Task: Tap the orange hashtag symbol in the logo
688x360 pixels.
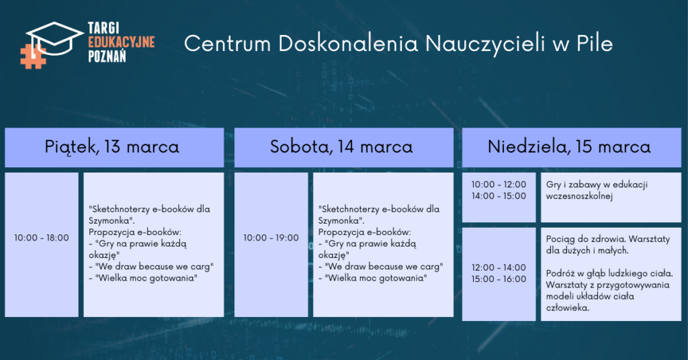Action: pyautogui.click(x=33, y=56)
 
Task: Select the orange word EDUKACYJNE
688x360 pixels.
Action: pyautogui.click(x=122, y=42)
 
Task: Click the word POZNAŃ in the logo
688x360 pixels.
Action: pyautogui.click(x=107, y=56)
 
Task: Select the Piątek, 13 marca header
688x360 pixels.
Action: pyautogui.click(x=112, y=146)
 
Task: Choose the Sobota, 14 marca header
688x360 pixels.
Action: pyautogui.click(x=341, y=146)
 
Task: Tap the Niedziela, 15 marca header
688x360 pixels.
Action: pyautogui.click(x=569, y=146)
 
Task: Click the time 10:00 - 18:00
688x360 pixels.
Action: pyautogui.click(x=42, y=238)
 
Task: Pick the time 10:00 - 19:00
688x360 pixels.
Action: pyautogui.click(x=271, y=238)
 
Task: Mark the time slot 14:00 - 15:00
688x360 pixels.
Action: pyautogui.click(x=499, y=196)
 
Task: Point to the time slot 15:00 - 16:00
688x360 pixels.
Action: pyautogui.click(x=499, y=279)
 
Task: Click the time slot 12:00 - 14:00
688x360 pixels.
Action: pyautogui.click(x=499, y=267)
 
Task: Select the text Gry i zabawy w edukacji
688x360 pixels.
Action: pyautogui.click(x=597, y=185)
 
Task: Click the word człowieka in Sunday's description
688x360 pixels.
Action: pyautogui.click(x=568, y=308)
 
